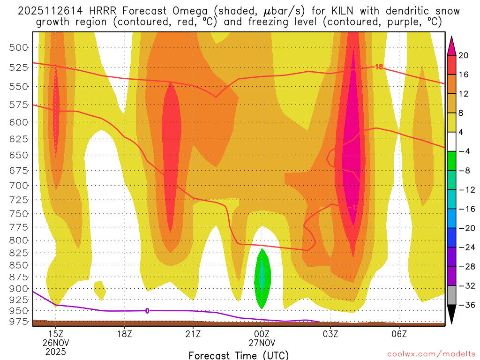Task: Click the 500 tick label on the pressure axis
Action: point(22,47)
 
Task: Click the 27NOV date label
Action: point(262,343)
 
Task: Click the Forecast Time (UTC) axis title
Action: point(239,355)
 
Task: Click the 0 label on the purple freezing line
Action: point(147,310)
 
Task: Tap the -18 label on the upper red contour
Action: point(377,67)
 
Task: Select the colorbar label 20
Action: point(464,55)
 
